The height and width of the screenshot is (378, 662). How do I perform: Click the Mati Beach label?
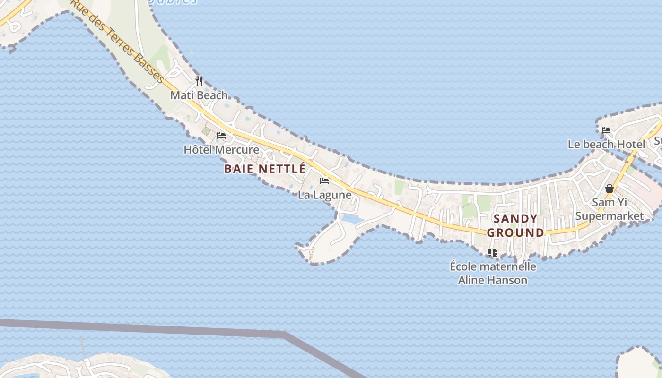[x=199, y=95]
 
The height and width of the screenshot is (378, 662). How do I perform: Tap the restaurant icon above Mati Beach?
[x=199, y=81]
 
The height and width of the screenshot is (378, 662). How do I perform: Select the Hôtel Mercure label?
[x=221, y=150]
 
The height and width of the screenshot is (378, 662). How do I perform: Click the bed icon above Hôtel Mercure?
[x=221, y=136]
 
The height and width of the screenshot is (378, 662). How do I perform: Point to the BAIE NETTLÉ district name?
[x=265, y=169]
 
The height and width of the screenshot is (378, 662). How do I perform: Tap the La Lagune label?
[x=325, y=195]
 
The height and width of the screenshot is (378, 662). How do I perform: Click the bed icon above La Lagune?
[x=324, y=181]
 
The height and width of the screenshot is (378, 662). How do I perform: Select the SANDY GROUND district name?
[x=516, y=225]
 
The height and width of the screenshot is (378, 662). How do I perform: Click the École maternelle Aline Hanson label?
[x=493, y=273]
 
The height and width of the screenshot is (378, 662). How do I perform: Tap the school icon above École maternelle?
[x=493, y=253]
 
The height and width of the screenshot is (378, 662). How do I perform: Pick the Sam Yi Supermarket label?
[x=610, y=209]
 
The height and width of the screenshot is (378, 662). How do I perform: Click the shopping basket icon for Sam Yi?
[x=610, y=189]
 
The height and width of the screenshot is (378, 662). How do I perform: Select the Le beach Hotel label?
[x=606, y=145]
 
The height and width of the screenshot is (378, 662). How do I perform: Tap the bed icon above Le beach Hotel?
[x=606, y=130]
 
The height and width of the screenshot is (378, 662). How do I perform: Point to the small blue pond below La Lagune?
[x=352, y=219]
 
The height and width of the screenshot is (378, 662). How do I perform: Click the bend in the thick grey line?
[x=284, y=334]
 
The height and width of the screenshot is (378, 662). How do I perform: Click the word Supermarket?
[x=610, y=216]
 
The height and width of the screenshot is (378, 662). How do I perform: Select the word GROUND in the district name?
[x=516, y=232]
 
